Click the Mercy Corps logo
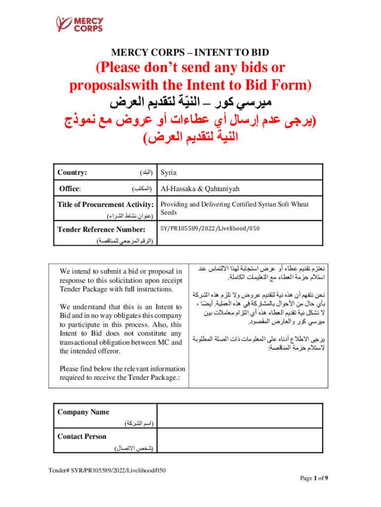(x=80, y=24)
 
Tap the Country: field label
(x=73, y=173)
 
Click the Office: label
(x=70, y=189)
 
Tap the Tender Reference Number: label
(x=101, y=229)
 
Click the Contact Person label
(x=82, y=436)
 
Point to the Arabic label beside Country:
(x=144, y=173)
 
